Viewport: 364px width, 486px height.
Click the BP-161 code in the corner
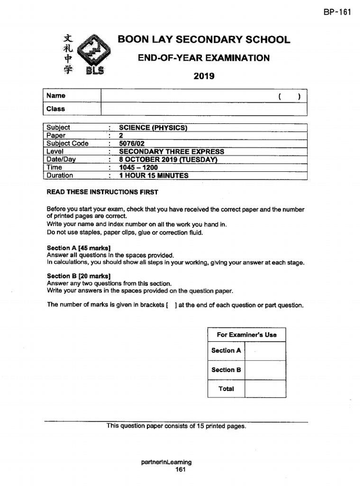[337, 12]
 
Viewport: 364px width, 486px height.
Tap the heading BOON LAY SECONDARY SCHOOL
[204, 39]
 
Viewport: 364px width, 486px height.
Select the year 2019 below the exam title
[204, 76]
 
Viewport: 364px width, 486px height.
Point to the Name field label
[56, 96]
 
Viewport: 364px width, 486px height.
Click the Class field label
[56, 109]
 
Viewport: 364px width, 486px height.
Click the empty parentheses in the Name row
[290, 96]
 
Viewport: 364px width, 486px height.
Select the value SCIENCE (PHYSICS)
[153, 127]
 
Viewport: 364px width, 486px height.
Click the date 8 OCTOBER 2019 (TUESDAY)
[168, 159]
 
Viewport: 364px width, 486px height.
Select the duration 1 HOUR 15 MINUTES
[154, 176]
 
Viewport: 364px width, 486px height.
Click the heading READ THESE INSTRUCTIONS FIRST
[102, 192]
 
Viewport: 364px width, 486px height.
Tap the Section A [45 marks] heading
[79, 248]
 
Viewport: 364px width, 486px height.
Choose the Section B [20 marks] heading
[79, 276]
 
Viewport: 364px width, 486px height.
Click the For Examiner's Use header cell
[246, 335]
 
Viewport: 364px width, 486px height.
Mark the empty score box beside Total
[265, 389]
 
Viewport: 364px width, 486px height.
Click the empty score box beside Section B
[265, 370]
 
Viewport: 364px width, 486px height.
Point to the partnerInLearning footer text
[167, 462]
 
